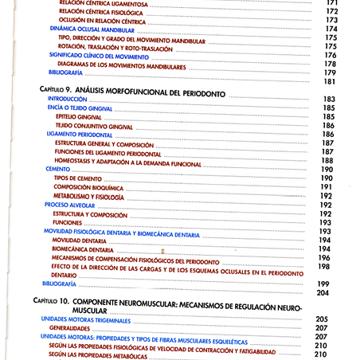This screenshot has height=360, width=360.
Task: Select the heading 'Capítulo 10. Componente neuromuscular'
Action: [167, 305]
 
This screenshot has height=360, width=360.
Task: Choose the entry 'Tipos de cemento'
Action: [79, 178]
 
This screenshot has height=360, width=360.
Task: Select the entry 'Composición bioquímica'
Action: [88, 186]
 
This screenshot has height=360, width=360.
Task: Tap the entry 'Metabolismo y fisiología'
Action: [88, 196]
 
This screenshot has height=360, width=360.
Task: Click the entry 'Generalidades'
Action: [68, 327]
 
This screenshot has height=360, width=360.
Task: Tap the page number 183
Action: [328, 99]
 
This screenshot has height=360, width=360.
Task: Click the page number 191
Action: [326, 186]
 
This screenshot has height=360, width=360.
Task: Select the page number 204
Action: [323, 293]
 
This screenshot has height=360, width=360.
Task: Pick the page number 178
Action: [330, 64]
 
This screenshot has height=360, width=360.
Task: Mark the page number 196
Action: [324, 258]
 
